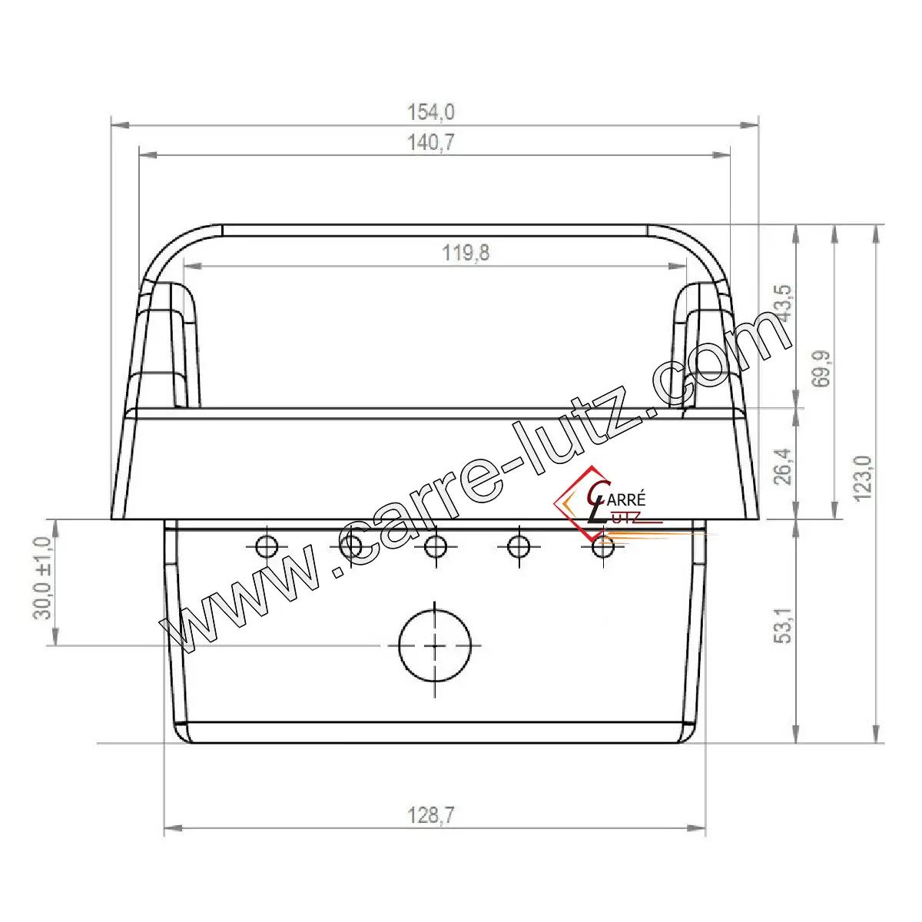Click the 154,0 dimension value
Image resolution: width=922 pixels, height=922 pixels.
click(430, 112)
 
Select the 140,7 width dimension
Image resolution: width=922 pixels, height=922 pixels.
click(430, 143)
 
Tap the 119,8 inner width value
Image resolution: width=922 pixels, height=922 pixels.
click(466, 253)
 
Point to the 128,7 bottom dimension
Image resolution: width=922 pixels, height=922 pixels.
click(430, 815)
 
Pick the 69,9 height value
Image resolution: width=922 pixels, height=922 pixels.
click(822, 369)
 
